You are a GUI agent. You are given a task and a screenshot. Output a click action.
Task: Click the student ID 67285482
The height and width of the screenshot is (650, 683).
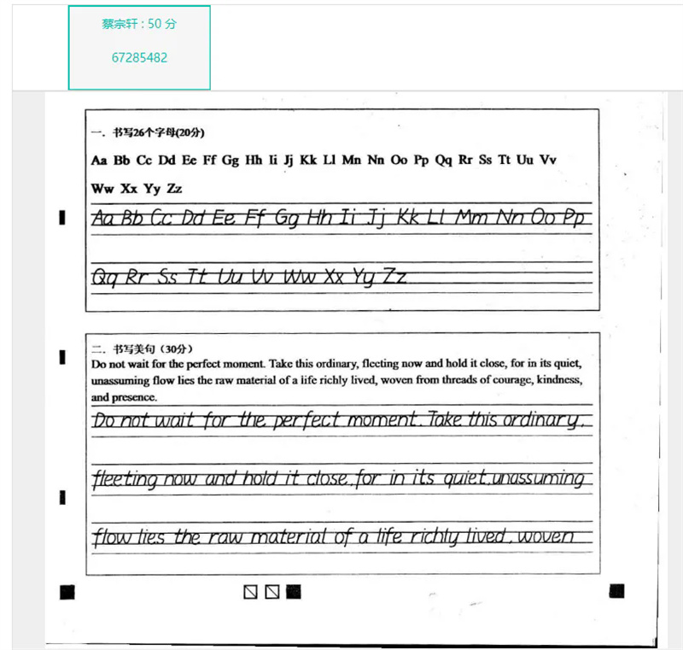(139, 58)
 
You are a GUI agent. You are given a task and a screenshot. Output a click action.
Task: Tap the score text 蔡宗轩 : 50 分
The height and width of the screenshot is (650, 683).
(139, 24)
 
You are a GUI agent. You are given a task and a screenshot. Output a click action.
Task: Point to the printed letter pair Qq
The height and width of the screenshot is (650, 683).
(444, 160)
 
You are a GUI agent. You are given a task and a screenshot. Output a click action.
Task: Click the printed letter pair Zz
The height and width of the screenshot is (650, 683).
(173, 188)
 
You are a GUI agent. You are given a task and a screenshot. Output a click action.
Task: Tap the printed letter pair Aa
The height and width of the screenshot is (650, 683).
(99, 160)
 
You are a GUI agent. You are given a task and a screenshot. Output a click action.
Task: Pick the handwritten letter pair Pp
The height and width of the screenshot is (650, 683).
(575, 218)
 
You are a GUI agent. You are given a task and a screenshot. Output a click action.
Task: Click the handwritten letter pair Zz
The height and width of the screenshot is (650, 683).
(394, 276)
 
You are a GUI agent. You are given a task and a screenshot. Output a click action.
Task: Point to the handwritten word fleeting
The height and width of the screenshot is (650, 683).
(125, 479)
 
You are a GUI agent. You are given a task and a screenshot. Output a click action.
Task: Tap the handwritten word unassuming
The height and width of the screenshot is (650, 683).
(538, 478)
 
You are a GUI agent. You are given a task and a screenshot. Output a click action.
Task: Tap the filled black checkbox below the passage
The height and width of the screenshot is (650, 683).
(294, 591)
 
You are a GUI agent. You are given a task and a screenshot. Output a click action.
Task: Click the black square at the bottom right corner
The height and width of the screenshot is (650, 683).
(617, 590)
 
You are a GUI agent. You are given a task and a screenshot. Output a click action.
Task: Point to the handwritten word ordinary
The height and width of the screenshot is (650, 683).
(545, 420)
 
